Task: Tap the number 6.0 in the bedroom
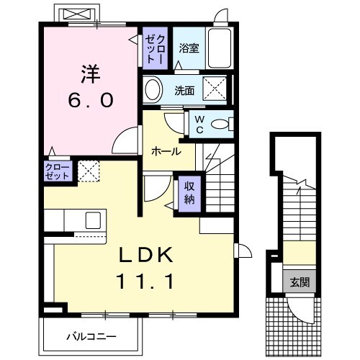point(90,101)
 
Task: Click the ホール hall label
point(166,151)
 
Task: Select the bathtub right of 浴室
point(218,49)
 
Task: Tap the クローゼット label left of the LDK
point(58,171)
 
